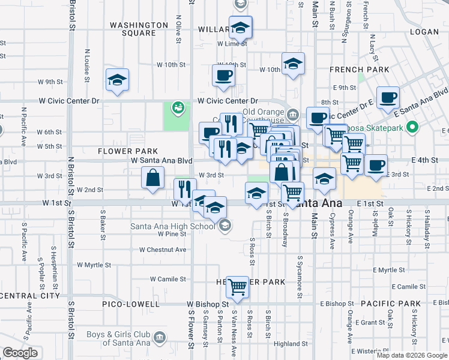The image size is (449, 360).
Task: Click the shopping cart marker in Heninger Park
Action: tap(238, 286)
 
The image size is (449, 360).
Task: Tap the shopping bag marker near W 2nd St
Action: tap(154, 177)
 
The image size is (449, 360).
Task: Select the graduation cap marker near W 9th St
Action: tap(117, 80)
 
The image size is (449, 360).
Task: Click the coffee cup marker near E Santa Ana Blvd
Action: tap(388, 97)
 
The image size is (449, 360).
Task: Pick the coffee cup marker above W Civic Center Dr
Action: tap(223, 75)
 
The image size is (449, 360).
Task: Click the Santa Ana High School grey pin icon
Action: tap(225, 226)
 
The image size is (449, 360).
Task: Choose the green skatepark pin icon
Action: tap(411, 127)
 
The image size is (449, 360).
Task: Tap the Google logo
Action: tap(20, 353)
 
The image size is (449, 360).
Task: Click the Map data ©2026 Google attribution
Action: tap(411, 355)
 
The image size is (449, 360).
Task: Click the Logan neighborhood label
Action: tap(424, 31)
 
